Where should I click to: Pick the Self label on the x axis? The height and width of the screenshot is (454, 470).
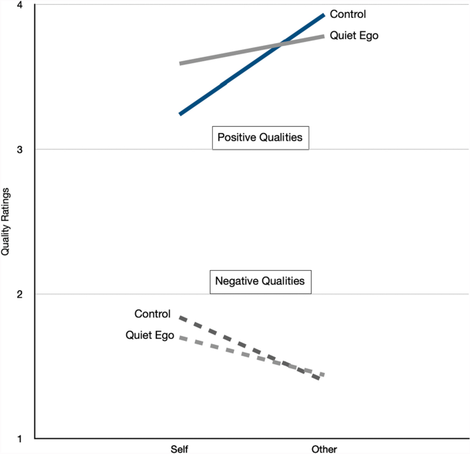[180, 449]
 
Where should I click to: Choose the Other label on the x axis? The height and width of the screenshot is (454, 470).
[324, 449]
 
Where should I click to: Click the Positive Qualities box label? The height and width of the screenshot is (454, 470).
[260, 138]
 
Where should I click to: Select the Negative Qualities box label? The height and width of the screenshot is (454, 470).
[260, 281]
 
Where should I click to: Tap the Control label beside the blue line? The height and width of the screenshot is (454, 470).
[348, 14]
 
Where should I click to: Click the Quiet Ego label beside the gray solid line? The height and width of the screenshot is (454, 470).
[354, 36]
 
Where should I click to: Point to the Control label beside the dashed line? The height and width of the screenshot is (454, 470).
[152, 314]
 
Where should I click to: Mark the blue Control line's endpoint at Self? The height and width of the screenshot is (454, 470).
[180, 114]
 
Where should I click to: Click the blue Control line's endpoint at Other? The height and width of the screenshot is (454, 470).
[323, 14]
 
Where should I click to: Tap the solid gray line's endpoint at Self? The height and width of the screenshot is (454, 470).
[180, 63]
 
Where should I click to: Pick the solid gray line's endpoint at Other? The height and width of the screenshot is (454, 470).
[323, 36]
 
